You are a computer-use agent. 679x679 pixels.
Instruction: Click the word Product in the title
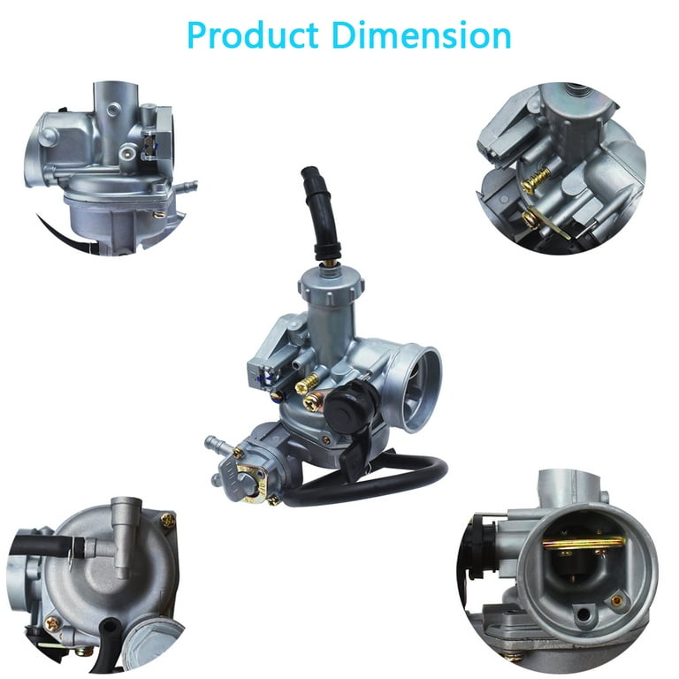coord(253,34)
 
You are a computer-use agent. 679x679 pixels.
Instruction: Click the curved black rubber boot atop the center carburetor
coord(320,213)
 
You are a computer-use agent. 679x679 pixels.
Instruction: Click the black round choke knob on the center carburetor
coord(346,404)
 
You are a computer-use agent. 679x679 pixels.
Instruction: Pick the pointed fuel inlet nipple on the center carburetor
coord(216,444)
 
